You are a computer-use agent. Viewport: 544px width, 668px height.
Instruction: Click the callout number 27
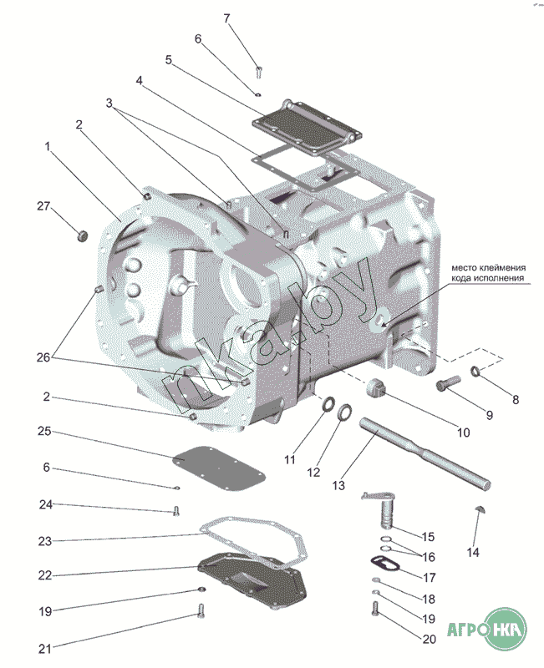pos(43,206)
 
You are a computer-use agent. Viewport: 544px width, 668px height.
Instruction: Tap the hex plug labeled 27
pos(82,235)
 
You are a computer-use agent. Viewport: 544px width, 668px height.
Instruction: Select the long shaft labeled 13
pos(425,452)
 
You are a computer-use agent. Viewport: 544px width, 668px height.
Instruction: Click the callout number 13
pos(338,485)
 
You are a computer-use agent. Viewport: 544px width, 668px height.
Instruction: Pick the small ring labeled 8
pos(475,371)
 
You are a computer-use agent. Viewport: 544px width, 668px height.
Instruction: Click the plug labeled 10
pos(376,386)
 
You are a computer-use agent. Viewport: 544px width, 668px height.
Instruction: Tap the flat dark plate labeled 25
pos(219,468)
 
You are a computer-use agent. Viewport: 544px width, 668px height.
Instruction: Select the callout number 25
pos(44,431)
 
